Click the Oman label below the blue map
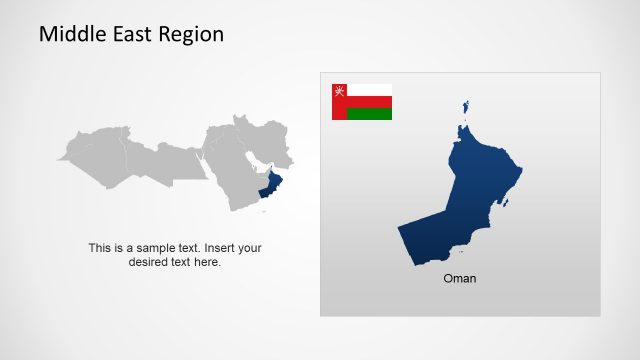460,279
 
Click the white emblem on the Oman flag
339,91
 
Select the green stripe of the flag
369,114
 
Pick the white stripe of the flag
369,90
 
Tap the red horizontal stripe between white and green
369,102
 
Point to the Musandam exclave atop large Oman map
465,106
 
